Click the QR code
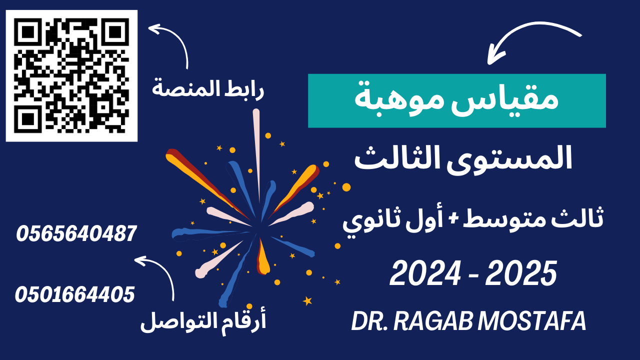tap(71, 75)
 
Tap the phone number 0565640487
tap(76, 233)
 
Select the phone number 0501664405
tap(75, 294)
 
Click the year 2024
tap(425, 273)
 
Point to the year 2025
tap(521, 273)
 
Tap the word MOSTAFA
tap(532, 321)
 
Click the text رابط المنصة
tap(208, 89)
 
